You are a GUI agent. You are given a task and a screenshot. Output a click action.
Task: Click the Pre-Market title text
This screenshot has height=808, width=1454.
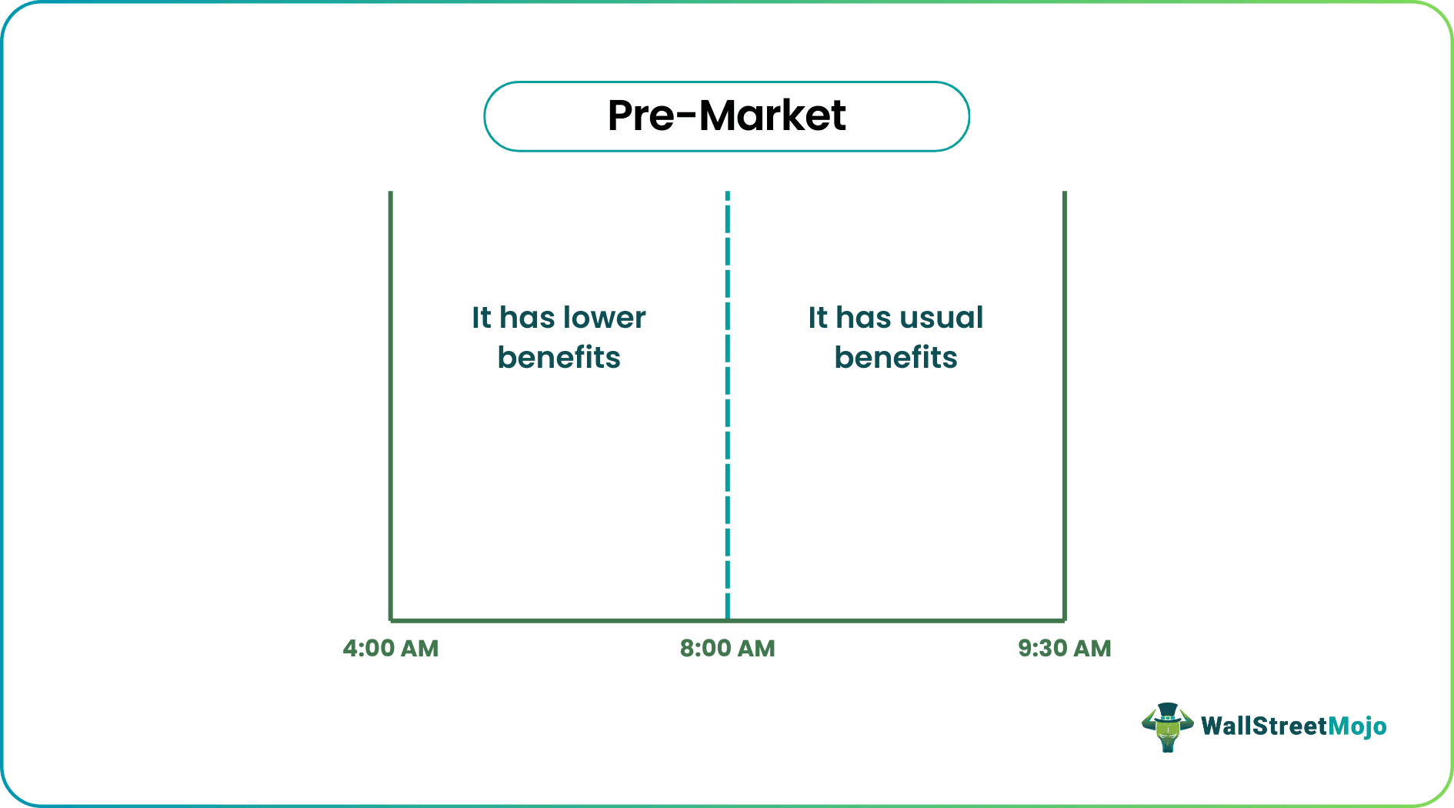pyautogui.click(x=726, y=116)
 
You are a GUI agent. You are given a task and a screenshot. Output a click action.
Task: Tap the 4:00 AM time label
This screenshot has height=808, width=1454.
pyautogui.click(x=391, y=649)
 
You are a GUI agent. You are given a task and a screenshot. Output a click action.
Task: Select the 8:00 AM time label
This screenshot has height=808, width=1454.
pyautogui.click(x=727, y=649)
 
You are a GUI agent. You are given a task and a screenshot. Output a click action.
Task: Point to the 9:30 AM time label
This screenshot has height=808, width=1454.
pyautogui.click(x=1065, y=649)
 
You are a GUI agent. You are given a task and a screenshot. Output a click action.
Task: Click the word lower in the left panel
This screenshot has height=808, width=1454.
pyautogui.click(x=604, y=318)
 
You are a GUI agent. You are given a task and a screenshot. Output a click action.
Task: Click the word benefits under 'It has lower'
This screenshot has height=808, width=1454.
pyautogui.click(x=559, y=358)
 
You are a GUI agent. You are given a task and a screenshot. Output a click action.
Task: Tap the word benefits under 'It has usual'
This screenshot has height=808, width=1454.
pyautogui.click(x=895, y=358)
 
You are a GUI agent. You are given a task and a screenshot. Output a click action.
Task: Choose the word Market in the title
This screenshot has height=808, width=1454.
pyautogui.click(x=772, y=116)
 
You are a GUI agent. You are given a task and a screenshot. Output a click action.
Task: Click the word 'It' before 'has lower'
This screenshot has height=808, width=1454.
pyautogui.click(x=482, y=318)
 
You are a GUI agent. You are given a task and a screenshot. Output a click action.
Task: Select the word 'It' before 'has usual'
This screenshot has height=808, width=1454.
pyautogui.click(x=818, y=318)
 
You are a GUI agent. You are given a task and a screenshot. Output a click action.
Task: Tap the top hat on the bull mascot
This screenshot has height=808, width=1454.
pyautogui.click(x=1167, y=711)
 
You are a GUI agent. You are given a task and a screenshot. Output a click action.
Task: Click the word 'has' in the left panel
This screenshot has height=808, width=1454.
pyautogui.click(x=527, y=318)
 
